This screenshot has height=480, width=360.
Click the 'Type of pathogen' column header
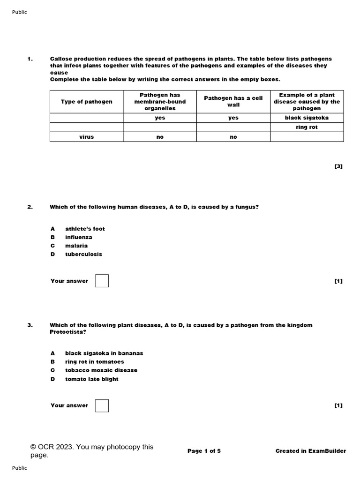86,102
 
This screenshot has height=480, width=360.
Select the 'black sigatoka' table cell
307,118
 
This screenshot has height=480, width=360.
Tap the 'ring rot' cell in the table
307,127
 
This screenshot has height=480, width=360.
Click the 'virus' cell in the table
86,137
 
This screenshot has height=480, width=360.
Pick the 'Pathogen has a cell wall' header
233,101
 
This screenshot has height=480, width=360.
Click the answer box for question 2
102,281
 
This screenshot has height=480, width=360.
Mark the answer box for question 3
102,405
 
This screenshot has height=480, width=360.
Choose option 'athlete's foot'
85,229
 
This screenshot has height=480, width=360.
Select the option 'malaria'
76,246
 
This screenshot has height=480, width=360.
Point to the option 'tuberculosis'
83,254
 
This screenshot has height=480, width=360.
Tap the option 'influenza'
78,237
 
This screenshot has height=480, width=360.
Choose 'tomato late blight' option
91,379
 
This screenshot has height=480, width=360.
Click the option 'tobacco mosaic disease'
101,370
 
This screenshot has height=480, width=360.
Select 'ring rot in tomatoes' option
94,362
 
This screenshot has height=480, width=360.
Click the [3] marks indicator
338,166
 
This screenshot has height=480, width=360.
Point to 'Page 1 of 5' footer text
204,451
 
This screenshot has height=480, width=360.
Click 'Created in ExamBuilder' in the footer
311,451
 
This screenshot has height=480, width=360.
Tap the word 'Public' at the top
19,12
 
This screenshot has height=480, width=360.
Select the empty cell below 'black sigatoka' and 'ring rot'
307,137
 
